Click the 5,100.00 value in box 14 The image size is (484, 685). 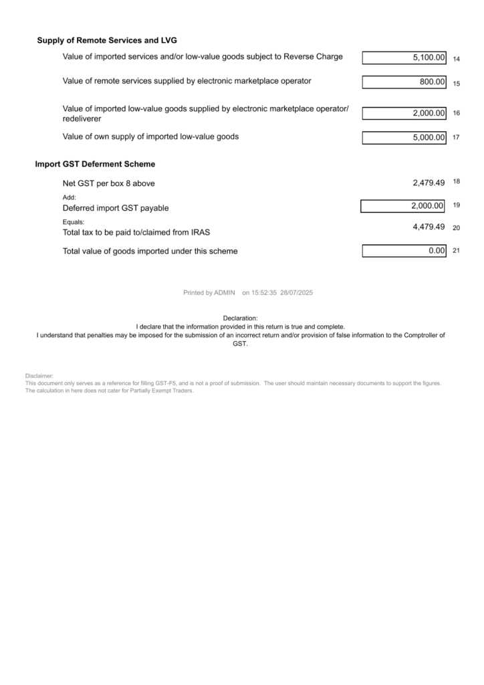tap(429, 58)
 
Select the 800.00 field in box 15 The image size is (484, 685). tap(433, 82)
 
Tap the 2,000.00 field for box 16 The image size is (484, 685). tap(429, 113)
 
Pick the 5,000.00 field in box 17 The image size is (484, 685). tap(429, 138)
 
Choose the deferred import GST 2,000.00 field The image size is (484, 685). tap(427, 206)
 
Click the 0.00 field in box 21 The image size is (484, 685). tap(437, 251)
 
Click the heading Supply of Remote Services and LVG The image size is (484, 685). tap(107, 41)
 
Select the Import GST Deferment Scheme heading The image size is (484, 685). tap(95, 164)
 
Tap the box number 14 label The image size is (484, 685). tap(456, 60)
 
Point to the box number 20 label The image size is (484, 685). tap(456, 228)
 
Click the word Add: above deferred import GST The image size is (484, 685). tap(70, 197)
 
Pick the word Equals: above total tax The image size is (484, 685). tap(74, 221)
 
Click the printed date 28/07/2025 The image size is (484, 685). tap(297, 293)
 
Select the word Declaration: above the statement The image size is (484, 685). tap(240, 318)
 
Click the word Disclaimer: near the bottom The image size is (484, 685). tap(39, 377)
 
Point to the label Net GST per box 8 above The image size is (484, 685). tap(108, 183)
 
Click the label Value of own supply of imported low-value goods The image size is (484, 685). tap(150, 137)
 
